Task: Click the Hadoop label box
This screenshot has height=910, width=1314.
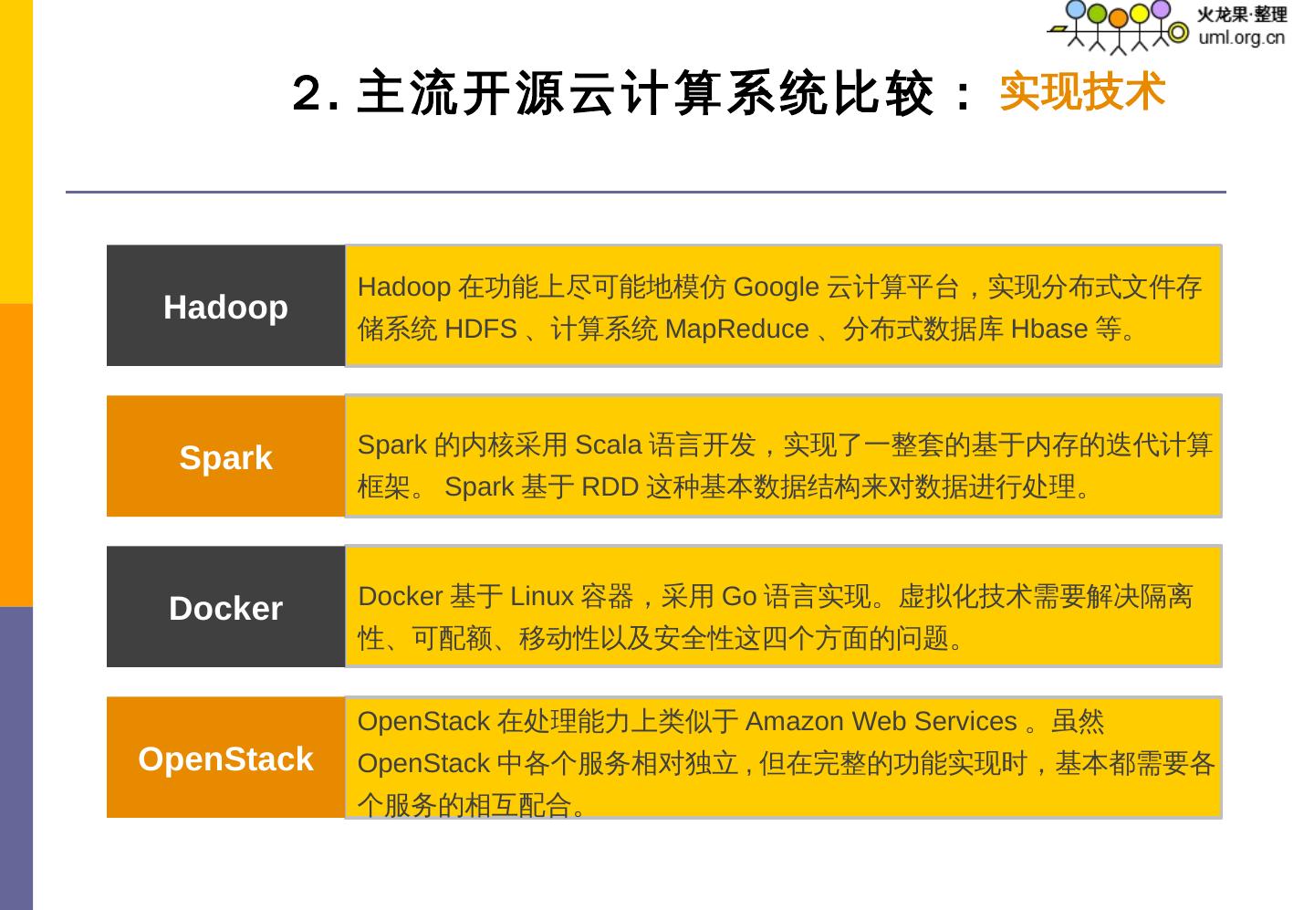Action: pyautogui.click(x=225, y=307)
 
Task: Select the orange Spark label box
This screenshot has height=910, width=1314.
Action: pyautogui.click(x=225, y=457)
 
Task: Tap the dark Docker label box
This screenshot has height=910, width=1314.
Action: pyautogui.click(x=225, y=608)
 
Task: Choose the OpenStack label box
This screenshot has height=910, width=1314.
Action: pyautogui.click(x=225, y=758)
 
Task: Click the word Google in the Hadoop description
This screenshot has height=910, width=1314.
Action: pyautogui.click(x=776, y=288)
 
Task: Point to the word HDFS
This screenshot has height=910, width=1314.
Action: pyautogui.click(x=481, y=329)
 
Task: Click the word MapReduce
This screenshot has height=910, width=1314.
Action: pyautogui.click(x=736, y=329)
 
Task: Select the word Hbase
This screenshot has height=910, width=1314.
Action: pyautogui.click(x=1048, y=329)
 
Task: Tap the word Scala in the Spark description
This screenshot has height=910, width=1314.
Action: pyautogui.click(x=608, y=445)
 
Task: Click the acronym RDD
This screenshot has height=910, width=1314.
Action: pyautogui.click(x=610, y=487)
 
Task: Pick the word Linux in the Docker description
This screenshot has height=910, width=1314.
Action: pyautogui.click(x=541, y=597)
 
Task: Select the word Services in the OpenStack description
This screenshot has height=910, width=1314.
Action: pyautogui.click(x=965, y=722)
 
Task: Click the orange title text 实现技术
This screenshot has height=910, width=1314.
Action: pyautogui.click(x=1082, y=92)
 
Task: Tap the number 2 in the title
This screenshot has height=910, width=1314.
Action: pyautogui.click(x=307, y=93)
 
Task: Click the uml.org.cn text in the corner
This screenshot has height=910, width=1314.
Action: pyautogui.click(x=1241, y=37)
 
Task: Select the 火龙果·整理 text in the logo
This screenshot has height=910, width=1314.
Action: pyautogui.click(x=1241, y=15)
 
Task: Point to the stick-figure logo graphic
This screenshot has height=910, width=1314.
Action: pyautogui.click(x=1119, y=26)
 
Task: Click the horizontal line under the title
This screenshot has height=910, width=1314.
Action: pyautogui.click(x=645, y=192)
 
